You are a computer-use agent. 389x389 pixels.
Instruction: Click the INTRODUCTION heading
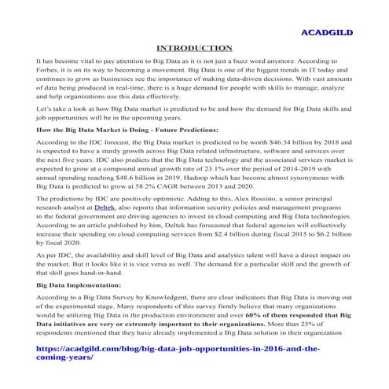pyautogui.click(x=194, y=49)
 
